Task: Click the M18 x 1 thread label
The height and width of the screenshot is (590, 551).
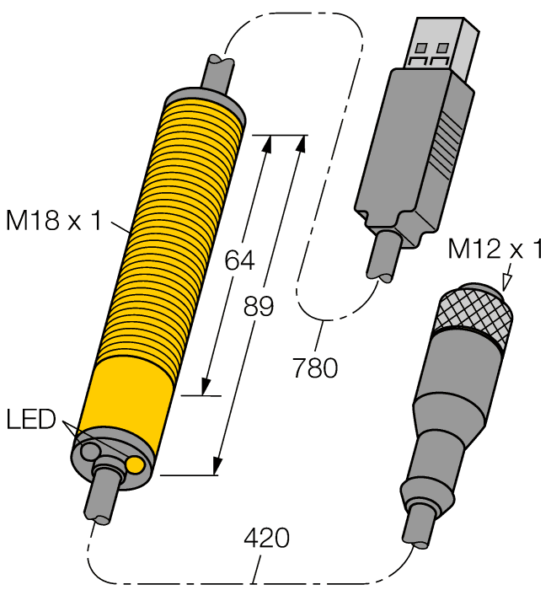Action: click(x=53, y=223)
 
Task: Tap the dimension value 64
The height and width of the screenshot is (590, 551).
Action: click(x=239, y=262)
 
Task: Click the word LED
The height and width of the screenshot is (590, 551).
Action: click(x=31, y=418)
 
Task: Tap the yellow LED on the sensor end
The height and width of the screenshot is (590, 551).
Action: click(x=135, y=464)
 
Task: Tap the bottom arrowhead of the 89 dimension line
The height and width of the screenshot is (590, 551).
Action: click(x=217, y=465)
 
